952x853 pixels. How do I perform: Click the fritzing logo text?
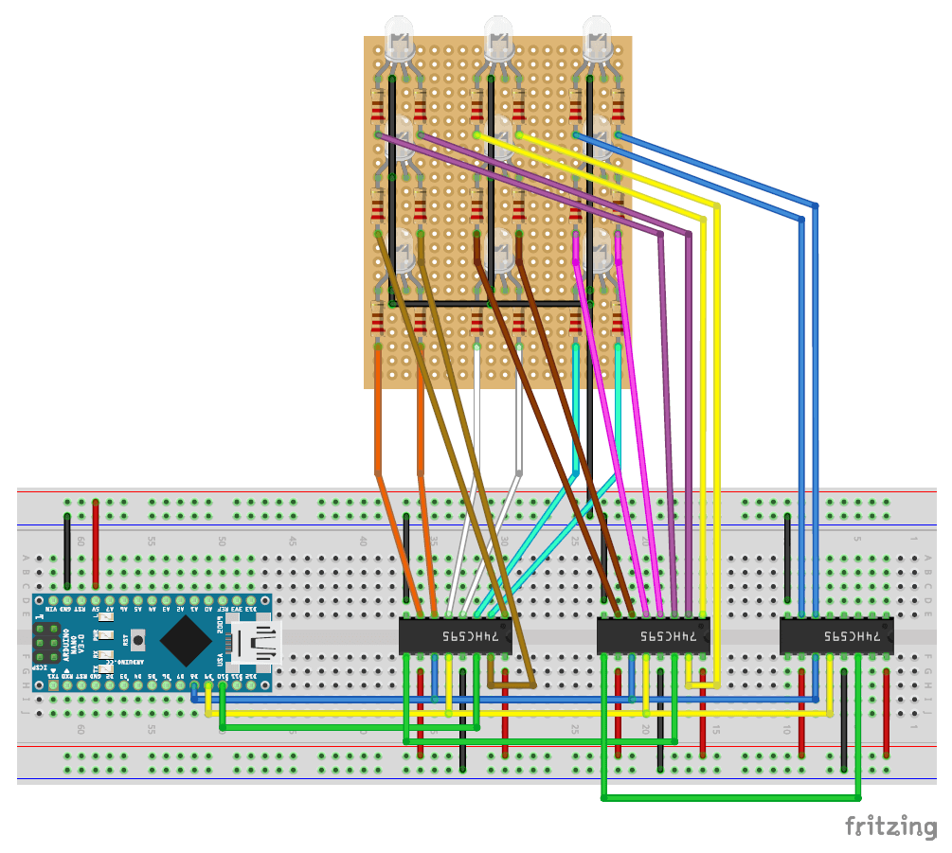[890, 826]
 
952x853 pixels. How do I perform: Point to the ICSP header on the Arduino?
[47, 643]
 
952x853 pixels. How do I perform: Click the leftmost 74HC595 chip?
[455, 635]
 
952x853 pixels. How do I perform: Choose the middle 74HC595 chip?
[654, 635]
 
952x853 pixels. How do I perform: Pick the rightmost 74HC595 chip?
[836, 635]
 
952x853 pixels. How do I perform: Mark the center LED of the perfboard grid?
[500, 139]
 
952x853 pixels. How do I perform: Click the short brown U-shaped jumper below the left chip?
[512, 684]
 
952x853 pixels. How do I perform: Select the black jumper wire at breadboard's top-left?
[67, 549]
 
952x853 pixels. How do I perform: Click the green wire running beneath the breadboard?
[729, 799]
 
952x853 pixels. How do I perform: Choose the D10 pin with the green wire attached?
[222, 687]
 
